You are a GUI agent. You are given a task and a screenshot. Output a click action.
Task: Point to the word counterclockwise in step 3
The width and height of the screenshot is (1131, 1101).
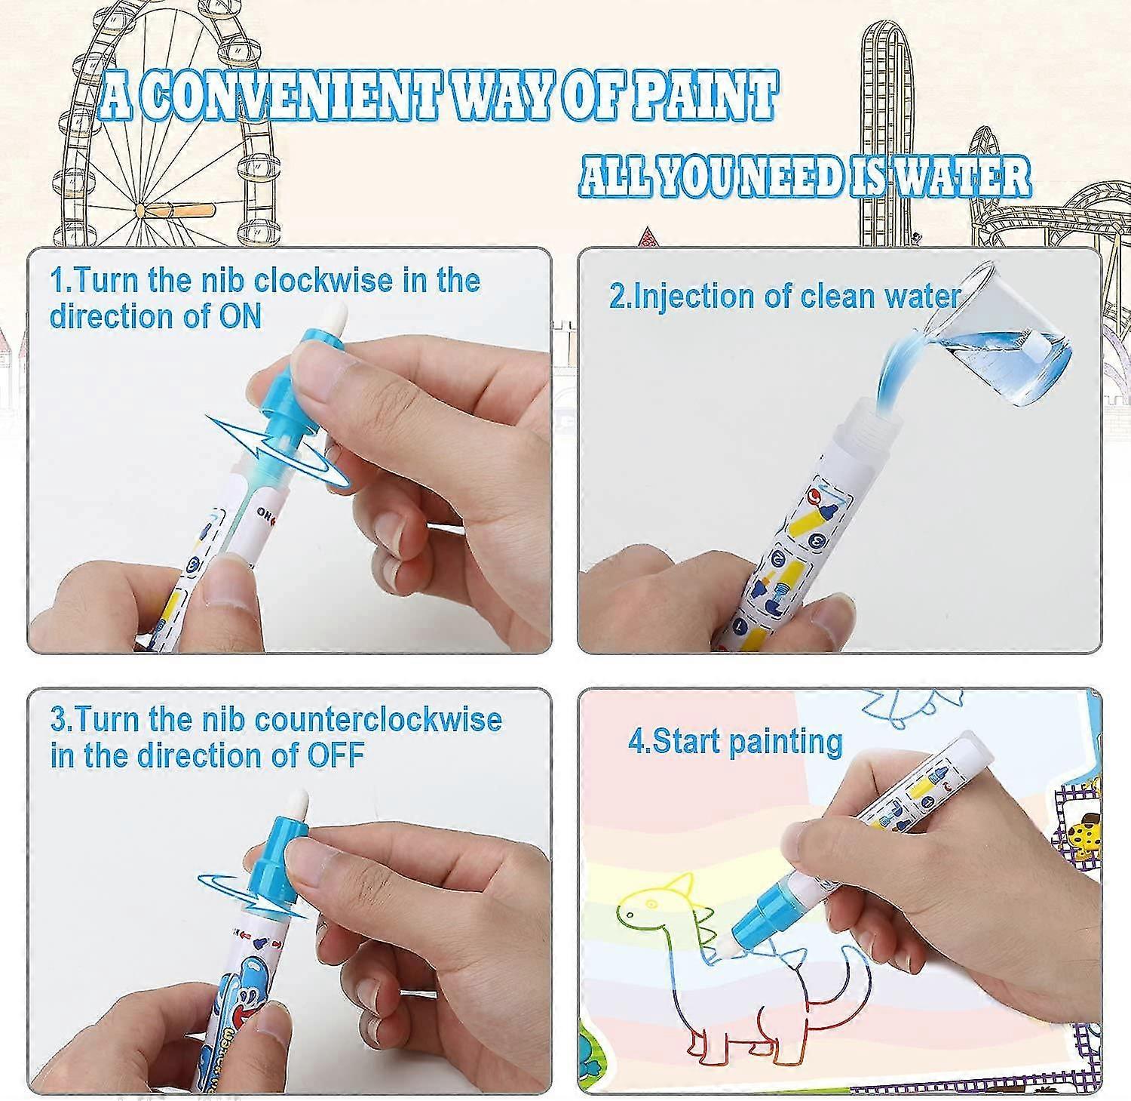tap(379, 719)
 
